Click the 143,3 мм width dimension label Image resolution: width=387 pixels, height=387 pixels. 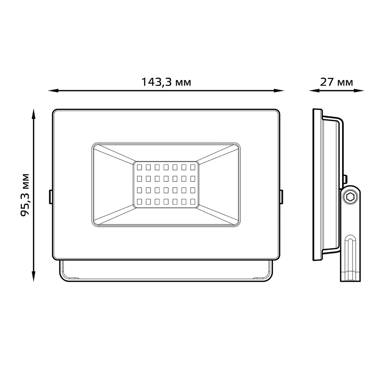[x=166, y=82]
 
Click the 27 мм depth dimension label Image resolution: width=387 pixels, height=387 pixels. [x=336, y=82]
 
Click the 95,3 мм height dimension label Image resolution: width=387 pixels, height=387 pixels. [x=25, y=195]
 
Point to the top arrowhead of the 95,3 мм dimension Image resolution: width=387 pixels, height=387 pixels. [x=34, y=114]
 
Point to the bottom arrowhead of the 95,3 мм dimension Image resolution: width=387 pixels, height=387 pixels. [x=34, y=276]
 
